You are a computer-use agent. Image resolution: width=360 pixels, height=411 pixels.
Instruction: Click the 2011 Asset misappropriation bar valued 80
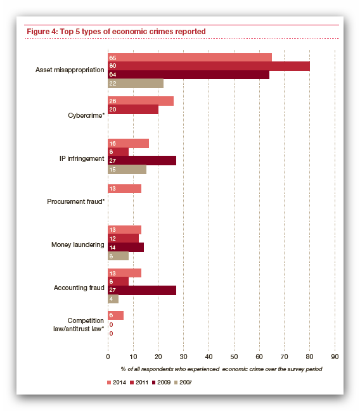pos(209,66)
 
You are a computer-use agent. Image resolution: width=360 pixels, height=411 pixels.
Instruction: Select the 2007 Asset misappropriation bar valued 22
pos(136,84)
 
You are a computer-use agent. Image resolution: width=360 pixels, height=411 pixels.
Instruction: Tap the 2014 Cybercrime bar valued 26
pos(141,101)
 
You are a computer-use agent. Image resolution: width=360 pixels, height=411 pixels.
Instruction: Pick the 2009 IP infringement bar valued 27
pos(142,160)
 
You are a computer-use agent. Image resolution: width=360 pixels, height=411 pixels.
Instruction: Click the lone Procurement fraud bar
pos(125,189)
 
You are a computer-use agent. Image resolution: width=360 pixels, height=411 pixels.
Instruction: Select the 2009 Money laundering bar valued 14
pos(125,247)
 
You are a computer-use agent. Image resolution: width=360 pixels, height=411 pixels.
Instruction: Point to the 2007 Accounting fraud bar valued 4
pos(113,299)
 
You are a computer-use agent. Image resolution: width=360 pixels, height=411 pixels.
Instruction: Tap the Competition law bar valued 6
pos(116,315)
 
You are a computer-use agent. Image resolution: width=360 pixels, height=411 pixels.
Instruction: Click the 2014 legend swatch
pos(109,383)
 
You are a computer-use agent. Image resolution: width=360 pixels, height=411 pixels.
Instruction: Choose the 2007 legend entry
pos(183,383)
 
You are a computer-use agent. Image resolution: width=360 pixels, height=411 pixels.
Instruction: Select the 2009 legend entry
pos(162,383)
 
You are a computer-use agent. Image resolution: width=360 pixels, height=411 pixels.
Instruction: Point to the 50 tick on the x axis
pos(234,357)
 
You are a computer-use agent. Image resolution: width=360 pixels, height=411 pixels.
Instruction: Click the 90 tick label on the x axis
pos(335,357)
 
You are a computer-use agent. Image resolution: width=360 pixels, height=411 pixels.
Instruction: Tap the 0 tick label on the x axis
pos(108,357)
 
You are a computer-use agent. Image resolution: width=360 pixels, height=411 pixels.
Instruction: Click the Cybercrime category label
pos(86,116)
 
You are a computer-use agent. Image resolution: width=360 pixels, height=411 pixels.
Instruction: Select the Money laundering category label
pos(78,244)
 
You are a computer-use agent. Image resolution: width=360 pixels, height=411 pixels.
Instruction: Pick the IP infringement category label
pos(82,158)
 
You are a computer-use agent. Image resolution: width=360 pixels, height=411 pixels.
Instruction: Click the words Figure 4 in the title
pos(42,32)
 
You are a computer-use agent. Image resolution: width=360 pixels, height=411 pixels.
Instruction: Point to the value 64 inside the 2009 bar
pos(113,75)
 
